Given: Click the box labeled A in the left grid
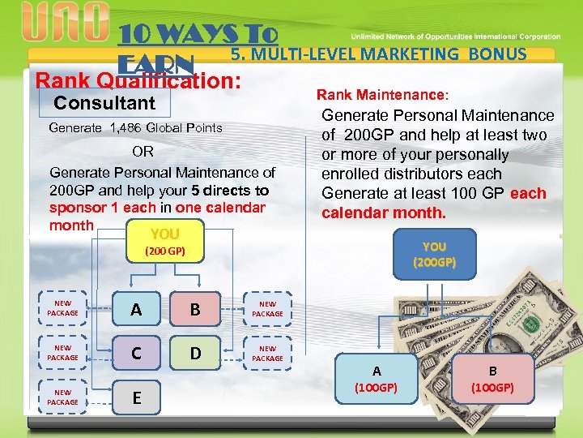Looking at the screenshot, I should coord(136,309).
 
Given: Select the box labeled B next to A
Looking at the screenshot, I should coord(194,309).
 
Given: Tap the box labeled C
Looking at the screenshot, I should coord(136,354).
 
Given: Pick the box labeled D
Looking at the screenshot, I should coord(194,354).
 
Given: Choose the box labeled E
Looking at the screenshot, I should coord(136,397).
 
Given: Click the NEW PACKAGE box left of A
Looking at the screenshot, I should coord(62,309).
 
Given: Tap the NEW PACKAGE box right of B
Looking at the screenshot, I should coord(267,309).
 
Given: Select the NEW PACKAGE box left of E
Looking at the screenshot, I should coord(62,397).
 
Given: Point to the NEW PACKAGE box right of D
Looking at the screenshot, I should coord(267,354).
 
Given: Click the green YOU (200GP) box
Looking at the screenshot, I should coord(434,255).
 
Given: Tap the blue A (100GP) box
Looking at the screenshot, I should coord(377,379).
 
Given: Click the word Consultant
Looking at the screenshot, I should coord(104,103).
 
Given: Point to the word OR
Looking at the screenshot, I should coord(143,152).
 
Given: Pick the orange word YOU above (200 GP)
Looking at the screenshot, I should coord(165,235).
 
